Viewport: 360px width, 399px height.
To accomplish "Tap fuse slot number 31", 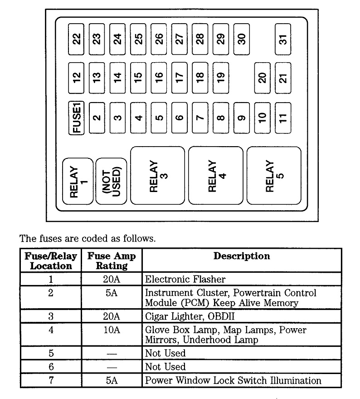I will click(x=283, y=39).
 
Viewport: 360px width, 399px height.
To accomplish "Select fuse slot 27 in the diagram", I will click(x=180, y=39).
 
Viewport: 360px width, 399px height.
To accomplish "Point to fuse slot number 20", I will click(x=262, y=77).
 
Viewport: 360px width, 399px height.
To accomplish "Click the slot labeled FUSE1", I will click(x=77, y=118).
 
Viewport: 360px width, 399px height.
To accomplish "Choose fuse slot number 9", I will click(x=242, y=118).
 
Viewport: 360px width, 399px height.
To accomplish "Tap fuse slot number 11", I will click(x=283, y=118).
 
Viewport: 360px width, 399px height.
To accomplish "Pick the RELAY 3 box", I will click(x=158, y=175).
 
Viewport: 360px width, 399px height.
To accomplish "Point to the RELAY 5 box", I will click(x=273, y=175).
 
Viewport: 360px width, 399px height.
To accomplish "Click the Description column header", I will click(x=242, y=256).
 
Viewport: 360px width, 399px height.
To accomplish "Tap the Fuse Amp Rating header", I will click(x=112, y=261).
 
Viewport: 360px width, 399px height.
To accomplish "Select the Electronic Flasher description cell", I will click(x=185, y=279).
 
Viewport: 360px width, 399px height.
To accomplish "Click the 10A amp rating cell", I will click(x=111, y=330).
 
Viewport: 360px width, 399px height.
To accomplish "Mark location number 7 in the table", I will click(x=50, y=380).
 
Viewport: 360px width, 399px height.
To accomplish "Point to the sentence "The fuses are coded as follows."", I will click(x=87, y=238).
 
